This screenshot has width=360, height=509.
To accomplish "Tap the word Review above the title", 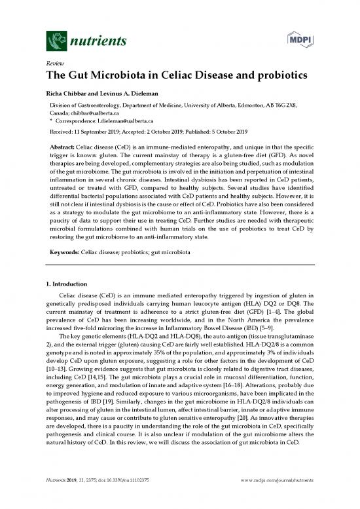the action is pos(53,64).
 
